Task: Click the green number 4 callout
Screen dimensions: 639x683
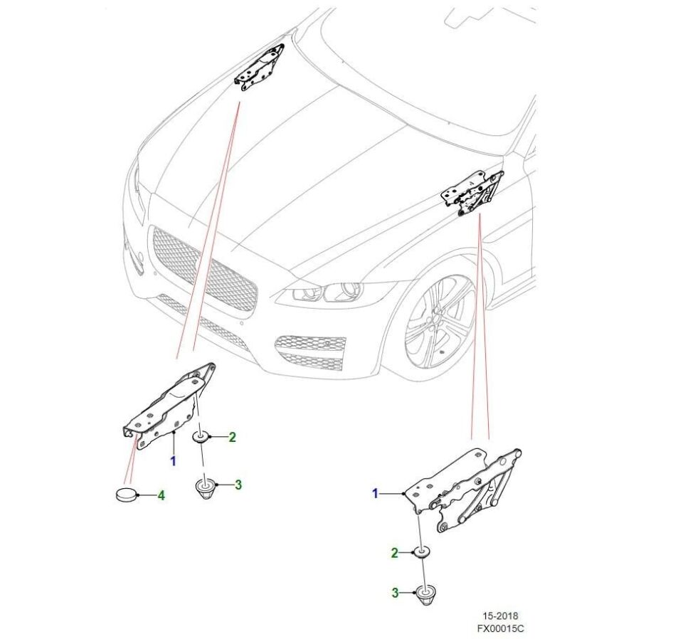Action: point(162,495)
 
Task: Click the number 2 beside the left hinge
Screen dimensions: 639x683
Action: point(232,438)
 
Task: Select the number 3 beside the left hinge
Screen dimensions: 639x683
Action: point(238,485)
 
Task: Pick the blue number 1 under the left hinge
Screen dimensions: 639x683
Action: point(172,460)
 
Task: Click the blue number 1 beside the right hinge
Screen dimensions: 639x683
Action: point(376,493)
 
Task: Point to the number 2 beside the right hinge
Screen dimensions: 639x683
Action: point(393,553)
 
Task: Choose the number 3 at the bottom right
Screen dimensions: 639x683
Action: point(393,592)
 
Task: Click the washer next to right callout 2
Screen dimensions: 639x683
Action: point(423,553)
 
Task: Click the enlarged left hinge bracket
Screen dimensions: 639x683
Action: point(167,406)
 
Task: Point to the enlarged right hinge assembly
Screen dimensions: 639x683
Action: point(462,487)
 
